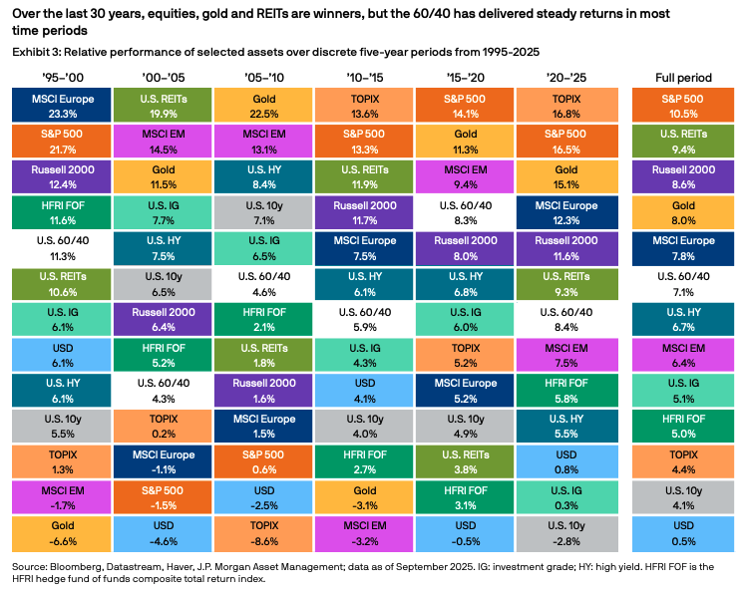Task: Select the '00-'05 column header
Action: tap(163, 77)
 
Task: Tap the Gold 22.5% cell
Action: tap(264, 105)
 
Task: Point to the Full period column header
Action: tap(683, 77)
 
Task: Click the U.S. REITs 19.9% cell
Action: tap(163, 105)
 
